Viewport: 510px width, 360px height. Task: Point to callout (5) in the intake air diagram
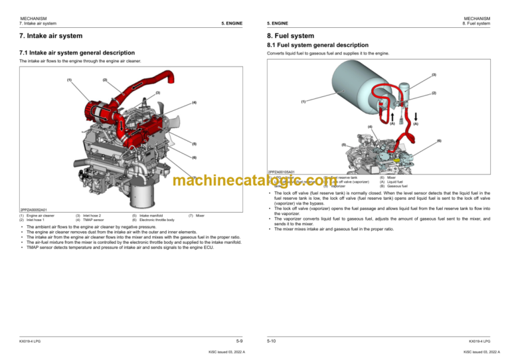(194, 143)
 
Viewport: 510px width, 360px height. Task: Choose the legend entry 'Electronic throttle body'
(157, 220)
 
